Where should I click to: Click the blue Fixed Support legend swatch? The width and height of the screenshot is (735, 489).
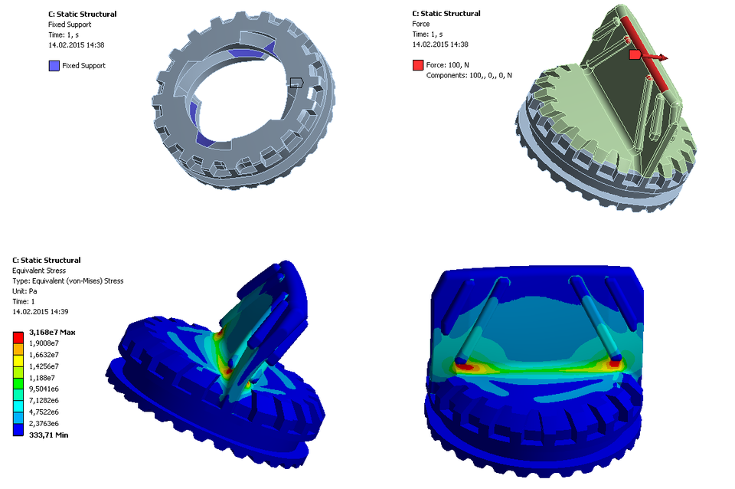pos(54,66)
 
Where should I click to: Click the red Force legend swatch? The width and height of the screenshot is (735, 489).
pos(417,65)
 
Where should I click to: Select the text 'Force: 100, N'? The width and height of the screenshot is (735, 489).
pos(448,65)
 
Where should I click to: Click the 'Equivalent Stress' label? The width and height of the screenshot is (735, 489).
pos(39,271)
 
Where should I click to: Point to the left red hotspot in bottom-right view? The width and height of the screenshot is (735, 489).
pos(465,366)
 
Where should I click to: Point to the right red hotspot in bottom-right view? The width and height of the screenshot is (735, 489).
pos(612,365)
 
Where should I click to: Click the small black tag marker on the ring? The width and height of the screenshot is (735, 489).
pos(296,81)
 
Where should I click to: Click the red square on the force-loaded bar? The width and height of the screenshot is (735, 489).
pos(634,55)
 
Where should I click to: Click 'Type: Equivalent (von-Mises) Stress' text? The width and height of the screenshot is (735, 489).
pos(67,281)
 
